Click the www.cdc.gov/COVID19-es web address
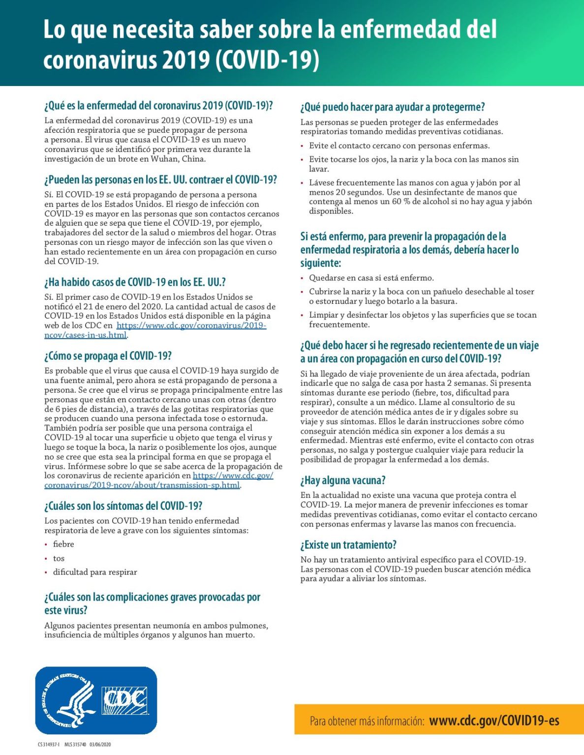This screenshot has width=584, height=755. (x=494, y=721)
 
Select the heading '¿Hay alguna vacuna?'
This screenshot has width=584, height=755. (x=343, y=480)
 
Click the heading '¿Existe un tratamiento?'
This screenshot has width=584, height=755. (x=348, y=545)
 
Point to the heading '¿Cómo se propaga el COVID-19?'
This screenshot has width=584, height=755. (x=108, y=356)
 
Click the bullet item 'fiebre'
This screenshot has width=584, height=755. (x=63, y=544)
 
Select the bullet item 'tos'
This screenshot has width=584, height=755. (x=59, y=558)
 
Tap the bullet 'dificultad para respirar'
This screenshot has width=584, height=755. (x=95, y=572)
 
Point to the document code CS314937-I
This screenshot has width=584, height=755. (x=49, y=744)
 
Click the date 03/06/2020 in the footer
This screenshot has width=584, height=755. (x=100, y=744)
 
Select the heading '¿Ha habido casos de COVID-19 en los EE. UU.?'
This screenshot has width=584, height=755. (x=135, y=282)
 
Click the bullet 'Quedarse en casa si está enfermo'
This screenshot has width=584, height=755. (x=371, y=278)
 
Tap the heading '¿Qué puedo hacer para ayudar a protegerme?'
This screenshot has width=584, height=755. (x=393, y=107)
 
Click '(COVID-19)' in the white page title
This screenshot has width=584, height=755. (x=268, y=60)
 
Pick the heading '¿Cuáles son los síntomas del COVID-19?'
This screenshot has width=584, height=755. (x=123, y=506)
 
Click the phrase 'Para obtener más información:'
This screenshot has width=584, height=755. (x=367, y=721)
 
